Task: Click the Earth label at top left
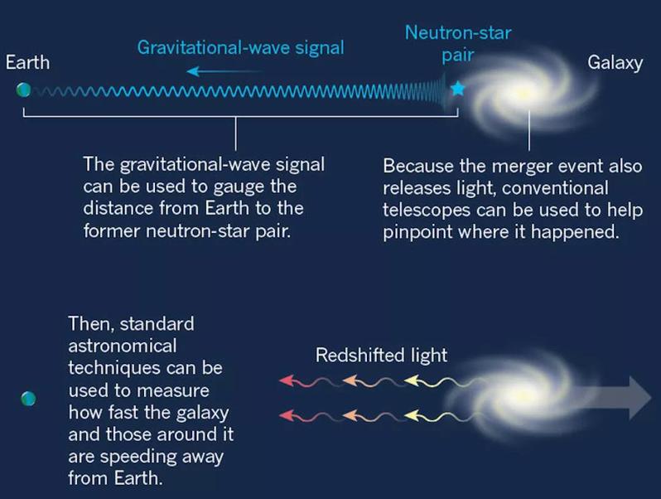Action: [28, 62]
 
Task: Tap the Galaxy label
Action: [615, 63]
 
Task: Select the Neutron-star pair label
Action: [458, 44]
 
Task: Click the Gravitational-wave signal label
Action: [241, 47]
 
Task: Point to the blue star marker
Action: [457, 89]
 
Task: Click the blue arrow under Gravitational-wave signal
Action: [224, 71]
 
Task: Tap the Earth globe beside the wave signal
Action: [23, 90]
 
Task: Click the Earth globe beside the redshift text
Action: [28, 399]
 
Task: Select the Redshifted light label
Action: [381, 355]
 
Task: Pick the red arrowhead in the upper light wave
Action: [287, 380]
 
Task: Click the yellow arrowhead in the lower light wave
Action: [412, 416]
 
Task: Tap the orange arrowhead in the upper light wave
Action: [350, 380]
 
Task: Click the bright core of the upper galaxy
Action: [523, 94]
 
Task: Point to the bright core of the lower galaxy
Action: [523, 395]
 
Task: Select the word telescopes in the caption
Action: [427, 210]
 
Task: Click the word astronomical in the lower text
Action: [123, 346]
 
